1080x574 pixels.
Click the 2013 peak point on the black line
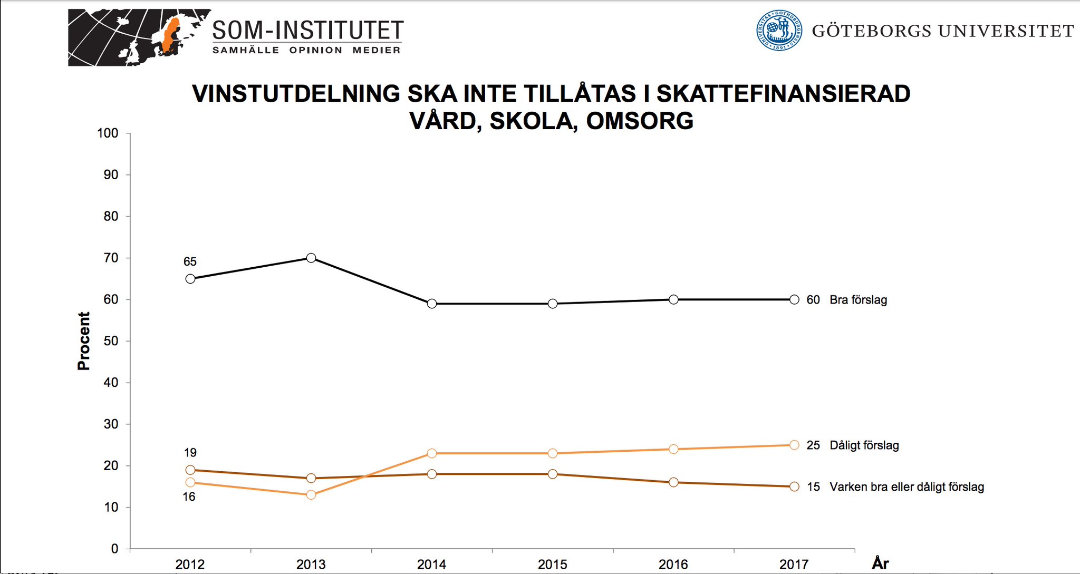(x=311, y=258)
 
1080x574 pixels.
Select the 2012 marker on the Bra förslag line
(x=190, y=279)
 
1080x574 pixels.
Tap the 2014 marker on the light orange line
(x=432, y=453)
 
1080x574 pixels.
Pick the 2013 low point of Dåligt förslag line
(x=311, y=494)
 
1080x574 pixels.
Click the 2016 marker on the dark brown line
(x=673, y=482)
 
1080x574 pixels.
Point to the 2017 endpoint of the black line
(x=794, y=299)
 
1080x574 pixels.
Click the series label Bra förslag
(x=858, y=300)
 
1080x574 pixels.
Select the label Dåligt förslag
(x=864, y=445)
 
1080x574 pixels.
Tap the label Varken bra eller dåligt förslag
(x=907, y=487)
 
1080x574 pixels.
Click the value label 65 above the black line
(x=190, y=261)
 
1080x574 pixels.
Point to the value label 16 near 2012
(x=189, y=497)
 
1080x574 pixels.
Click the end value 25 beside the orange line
(x=813, y=445)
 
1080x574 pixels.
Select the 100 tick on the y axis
(x=108, y=133)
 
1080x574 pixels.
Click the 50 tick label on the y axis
(x=111, y=341)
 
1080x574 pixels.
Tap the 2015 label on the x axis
(x=552, y=565)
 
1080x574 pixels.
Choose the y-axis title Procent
(x=84, y=341)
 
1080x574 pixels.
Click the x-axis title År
(x=880, y=563)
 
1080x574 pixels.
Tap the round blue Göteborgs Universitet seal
(x=779, y=31)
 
